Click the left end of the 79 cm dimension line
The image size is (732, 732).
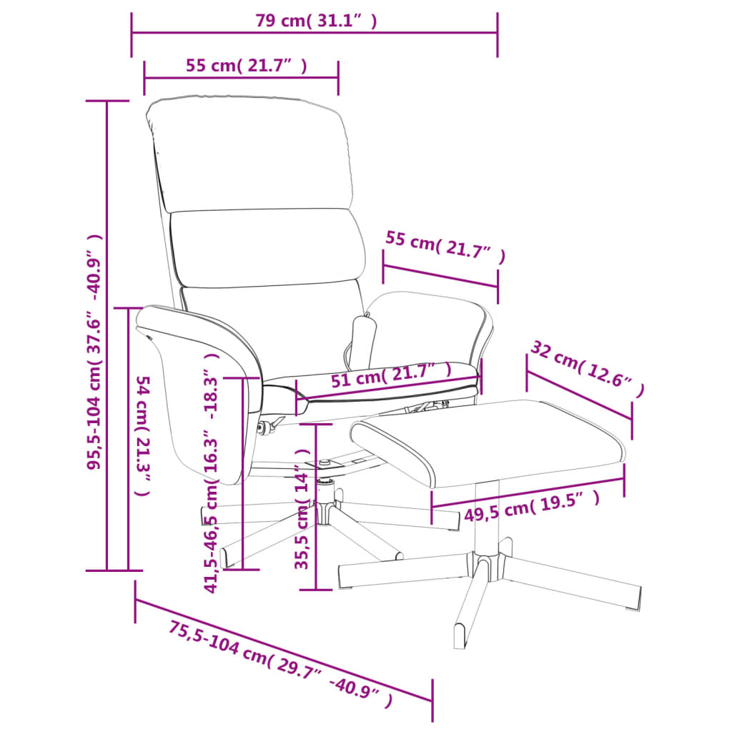point(132,33)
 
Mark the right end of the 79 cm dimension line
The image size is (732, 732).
point(498,33)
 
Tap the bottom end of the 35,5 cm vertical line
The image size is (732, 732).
point(316,590)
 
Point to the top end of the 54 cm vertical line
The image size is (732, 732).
point(129,308)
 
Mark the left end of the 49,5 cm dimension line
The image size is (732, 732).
point(432,507)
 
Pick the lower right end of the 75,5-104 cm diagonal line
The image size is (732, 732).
point(432,701)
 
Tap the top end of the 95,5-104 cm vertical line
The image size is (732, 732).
point(107,101)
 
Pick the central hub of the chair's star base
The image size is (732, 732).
point(325,510)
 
